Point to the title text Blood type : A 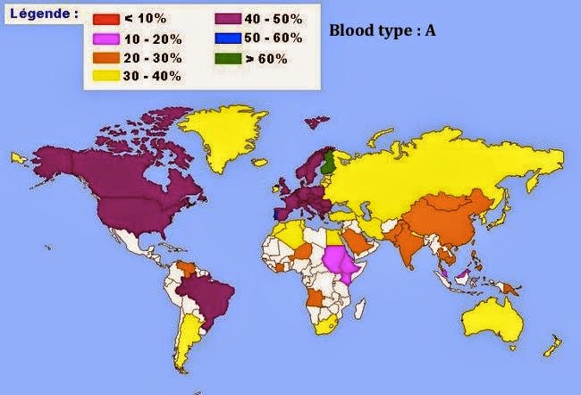[382, 29]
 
